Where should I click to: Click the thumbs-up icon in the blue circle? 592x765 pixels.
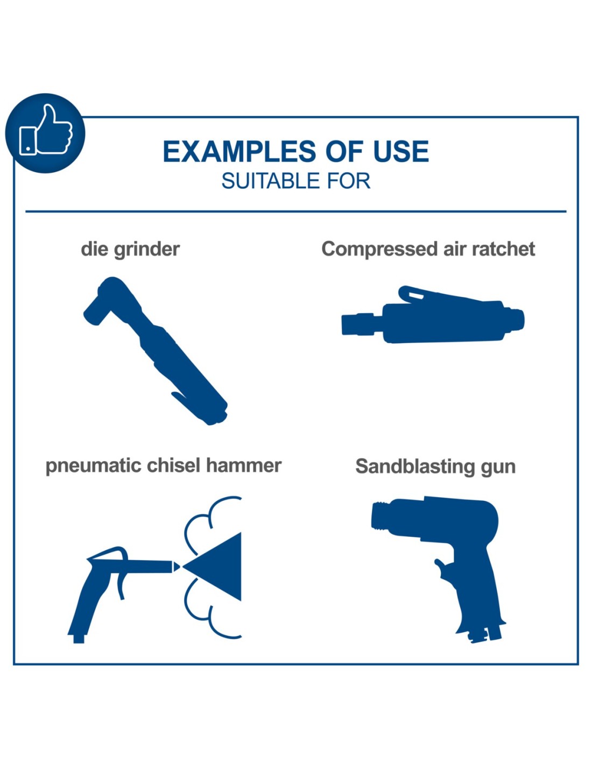pyautogui.click(x=45, y=131)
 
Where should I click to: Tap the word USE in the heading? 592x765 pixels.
pyautogui.click(x=401, y=151)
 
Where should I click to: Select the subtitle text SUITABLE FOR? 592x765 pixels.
pyautogui.click(x=296, y=181)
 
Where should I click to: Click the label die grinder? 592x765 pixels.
pyautogui.click(x=130, y=249)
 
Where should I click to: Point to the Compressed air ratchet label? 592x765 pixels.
pyautogui.click(x=428, y=249)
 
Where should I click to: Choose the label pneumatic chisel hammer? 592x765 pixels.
pyautogui.click(x=164, y=465)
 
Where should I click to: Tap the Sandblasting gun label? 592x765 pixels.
pyautogui.click(x=435, y=466)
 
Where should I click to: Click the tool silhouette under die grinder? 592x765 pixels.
pyautogui.click(x=156, y=351)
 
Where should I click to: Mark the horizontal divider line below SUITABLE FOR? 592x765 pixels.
pyautogui.click(x=296, y=211)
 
